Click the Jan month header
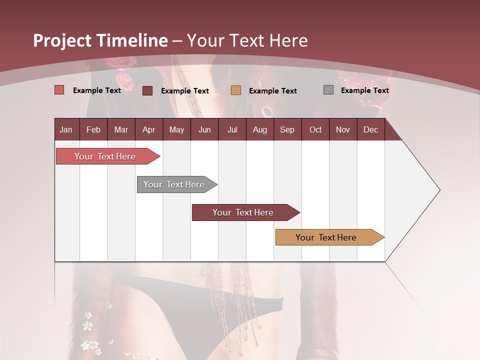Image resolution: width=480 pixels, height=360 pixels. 66,129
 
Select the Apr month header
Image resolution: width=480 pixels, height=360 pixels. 149,129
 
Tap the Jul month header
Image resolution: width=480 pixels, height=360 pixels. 232,129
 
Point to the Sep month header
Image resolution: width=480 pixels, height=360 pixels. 287,129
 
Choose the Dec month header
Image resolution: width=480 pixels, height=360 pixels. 370,129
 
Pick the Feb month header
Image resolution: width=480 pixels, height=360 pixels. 93,129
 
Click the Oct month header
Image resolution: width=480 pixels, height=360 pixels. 315,129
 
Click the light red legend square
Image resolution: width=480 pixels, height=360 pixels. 59,90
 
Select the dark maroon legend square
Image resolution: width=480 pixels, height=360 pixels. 147,90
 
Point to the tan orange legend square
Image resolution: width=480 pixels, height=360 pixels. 236,90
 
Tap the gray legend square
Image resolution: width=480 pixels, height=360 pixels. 328,90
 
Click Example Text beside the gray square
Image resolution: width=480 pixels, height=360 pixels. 364,90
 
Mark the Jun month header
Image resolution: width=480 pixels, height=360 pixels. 204,129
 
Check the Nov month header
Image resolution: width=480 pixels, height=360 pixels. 343,129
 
